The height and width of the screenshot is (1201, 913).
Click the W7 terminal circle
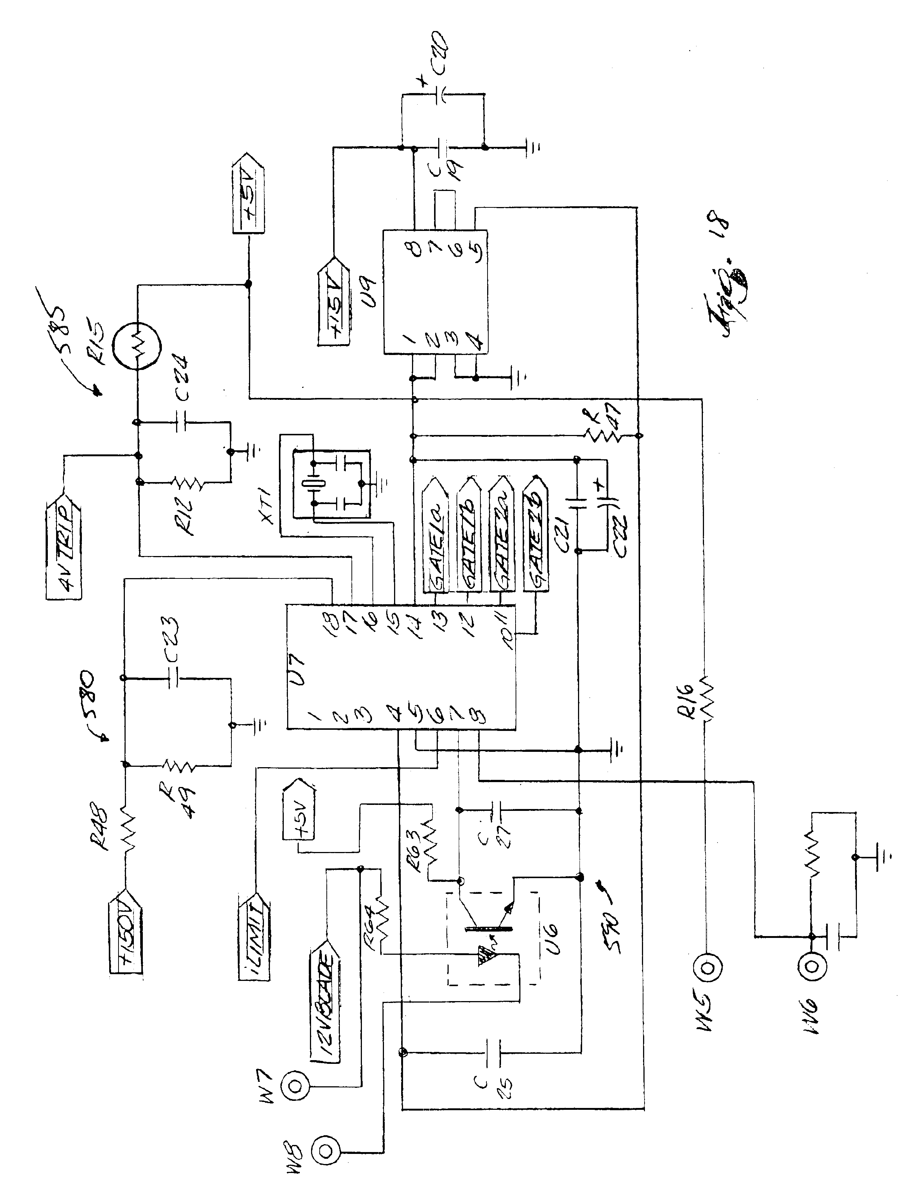click(296, 1086)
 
